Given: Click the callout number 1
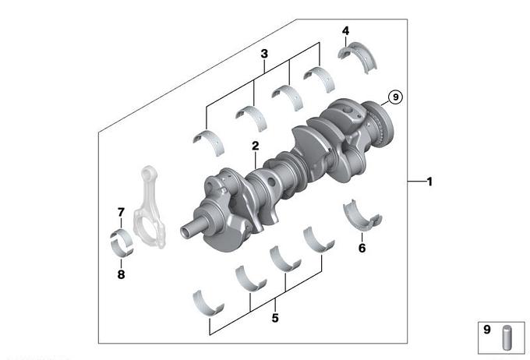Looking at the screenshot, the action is click(429, 182).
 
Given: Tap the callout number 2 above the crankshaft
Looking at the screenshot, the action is click(255, 146).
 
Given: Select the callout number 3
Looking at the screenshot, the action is click(264, 54).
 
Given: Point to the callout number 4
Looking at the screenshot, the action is click(345, 30).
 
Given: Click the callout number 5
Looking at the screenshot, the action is click(275, 318).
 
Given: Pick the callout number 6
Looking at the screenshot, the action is click(362, 248).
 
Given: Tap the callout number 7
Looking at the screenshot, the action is click(121, 212).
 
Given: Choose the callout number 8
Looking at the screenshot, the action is click(121, 274).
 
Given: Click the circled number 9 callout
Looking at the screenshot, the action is click(395, 97).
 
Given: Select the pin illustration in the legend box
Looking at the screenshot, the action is click(507, 337).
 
